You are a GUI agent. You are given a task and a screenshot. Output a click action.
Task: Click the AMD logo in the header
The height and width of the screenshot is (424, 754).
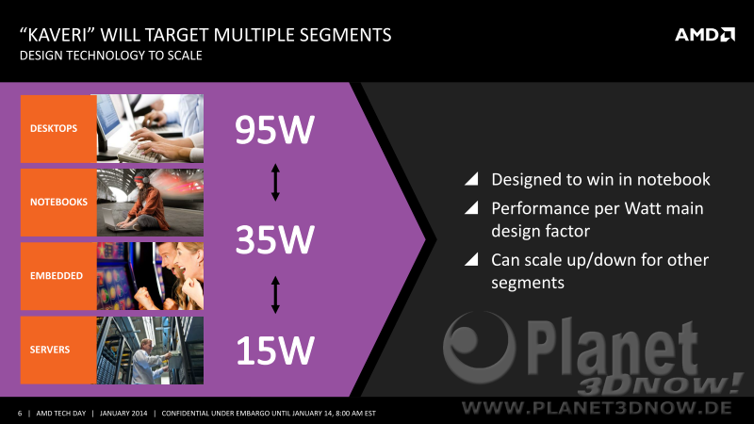(704, 35)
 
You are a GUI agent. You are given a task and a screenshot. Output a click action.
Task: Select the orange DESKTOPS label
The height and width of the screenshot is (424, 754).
(58, 128)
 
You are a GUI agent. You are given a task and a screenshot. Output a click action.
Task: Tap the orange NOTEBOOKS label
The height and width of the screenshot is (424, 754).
(58, 203)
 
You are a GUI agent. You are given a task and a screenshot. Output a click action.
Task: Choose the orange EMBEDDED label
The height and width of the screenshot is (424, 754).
(58, 276)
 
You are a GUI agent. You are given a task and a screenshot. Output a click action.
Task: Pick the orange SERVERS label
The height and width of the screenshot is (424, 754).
(58, 350)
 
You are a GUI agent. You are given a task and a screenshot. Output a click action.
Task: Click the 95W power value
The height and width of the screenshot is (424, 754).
(274, 130)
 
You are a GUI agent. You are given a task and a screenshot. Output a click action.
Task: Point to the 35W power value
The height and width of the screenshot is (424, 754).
(274, 239)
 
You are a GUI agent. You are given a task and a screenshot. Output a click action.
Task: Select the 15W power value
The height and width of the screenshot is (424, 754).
(274, 350)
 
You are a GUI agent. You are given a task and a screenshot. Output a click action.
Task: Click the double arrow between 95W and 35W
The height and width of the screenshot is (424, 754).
(275, 182)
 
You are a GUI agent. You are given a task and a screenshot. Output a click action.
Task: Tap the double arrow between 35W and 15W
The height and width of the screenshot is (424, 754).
(275, 295)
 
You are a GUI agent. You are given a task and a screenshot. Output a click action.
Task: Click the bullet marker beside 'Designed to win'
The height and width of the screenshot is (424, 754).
(471, 179)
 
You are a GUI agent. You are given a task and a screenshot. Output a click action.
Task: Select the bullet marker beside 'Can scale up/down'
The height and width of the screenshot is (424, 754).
(471, 259)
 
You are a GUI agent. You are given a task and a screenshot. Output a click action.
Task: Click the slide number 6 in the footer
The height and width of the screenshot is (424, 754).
(20, 414)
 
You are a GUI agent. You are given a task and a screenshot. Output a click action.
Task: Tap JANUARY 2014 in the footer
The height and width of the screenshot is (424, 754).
(123, 414)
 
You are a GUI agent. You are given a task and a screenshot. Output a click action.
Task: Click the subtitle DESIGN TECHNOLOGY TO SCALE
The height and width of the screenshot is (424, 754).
(110, 56)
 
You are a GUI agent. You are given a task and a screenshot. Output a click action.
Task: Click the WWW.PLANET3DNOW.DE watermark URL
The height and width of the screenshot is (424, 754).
(597, 408)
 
